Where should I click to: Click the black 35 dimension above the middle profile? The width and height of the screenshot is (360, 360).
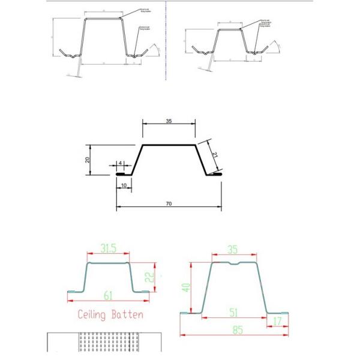point(169,121)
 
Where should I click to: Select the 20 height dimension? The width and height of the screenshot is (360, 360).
point(88,160)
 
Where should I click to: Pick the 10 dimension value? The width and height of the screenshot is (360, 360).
point(124,186)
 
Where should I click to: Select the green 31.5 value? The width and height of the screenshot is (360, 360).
point(108,248)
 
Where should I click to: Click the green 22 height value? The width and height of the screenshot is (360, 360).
point(152,276)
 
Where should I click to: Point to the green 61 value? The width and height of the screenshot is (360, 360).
point(108,296)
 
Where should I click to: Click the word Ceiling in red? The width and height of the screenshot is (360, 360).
point(94,314)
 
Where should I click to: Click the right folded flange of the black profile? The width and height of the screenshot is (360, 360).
point(214,174)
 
